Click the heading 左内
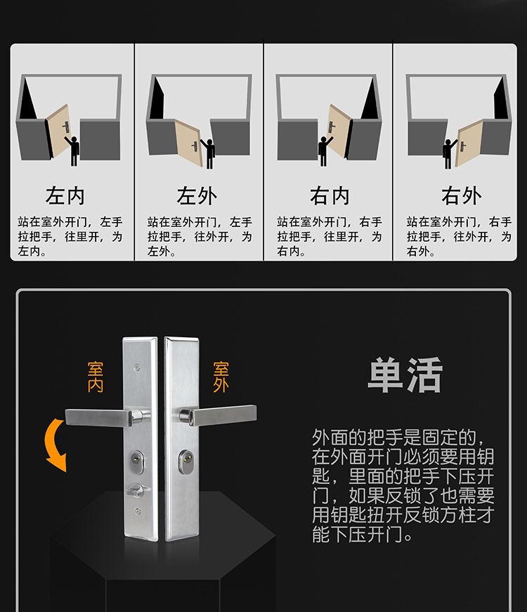tap(65, 195)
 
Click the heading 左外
tap(197, 195)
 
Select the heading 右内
tap(330, 195)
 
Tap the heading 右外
tap(462, 195)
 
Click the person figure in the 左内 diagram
tap(73, 150)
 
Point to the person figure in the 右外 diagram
tap(449, 153)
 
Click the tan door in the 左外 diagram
tap(188, 142)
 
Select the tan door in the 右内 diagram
tap(337, 131)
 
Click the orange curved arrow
tap(53, 445)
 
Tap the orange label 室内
tap(96, 377)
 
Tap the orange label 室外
tap(221, 377)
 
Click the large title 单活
tap(405, 375)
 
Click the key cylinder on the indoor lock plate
tap(136, 462)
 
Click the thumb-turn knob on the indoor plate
tap(136, 490)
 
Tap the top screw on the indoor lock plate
tap(137, 367)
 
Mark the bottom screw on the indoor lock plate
tap(137, 511)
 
